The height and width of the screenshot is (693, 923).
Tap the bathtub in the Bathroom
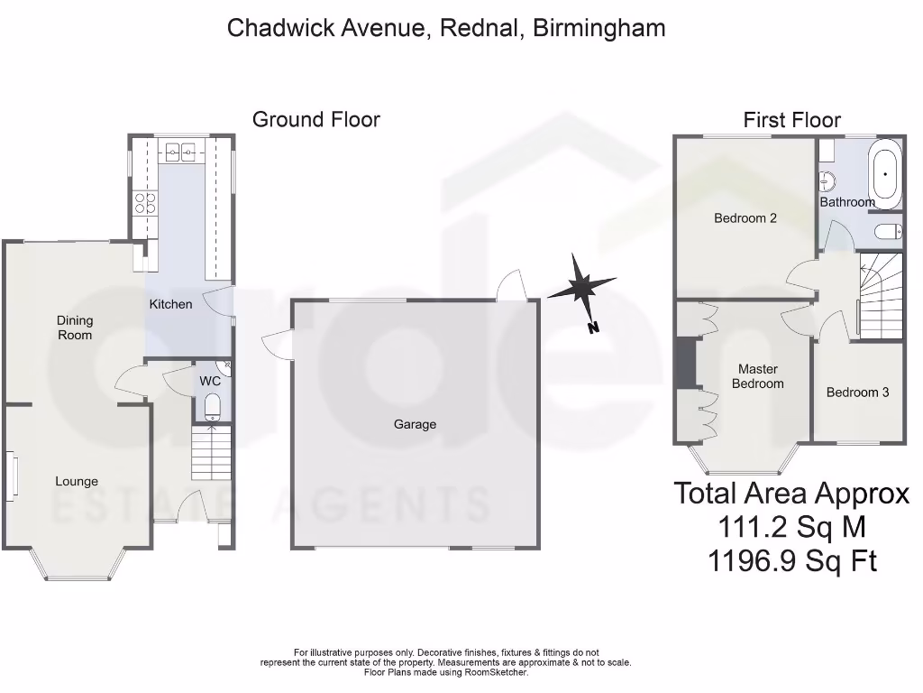pos(885,173)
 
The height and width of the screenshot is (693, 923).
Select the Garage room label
pos(415,424)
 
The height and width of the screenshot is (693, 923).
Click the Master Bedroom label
pos(758,376)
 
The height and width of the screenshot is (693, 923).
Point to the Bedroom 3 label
pos(857,393)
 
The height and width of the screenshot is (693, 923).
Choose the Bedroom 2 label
pos(745,217)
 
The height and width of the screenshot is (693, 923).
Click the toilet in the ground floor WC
pos(213,407)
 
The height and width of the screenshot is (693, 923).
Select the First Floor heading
pos(791,120)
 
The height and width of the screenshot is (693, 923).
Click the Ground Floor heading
pos(315,119)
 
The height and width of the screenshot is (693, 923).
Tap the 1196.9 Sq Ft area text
pos(792,561)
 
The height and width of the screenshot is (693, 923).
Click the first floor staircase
pos(880,296)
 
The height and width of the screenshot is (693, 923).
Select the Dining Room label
pos(75,328)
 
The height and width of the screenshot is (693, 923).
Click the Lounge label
pos(77,482)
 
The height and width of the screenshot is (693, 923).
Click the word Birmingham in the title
pos(599,28)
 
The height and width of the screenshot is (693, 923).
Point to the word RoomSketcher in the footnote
pos(498,672)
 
